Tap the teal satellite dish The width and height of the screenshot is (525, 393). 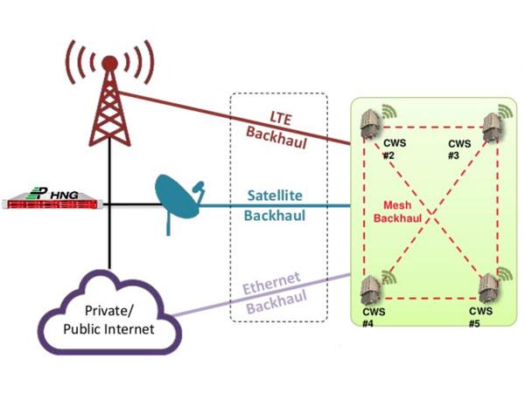tap(179, 203)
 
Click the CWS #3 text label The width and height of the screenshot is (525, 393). tap(459, 148)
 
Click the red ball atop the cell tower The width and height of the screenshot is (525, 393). tap(109, 63)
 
